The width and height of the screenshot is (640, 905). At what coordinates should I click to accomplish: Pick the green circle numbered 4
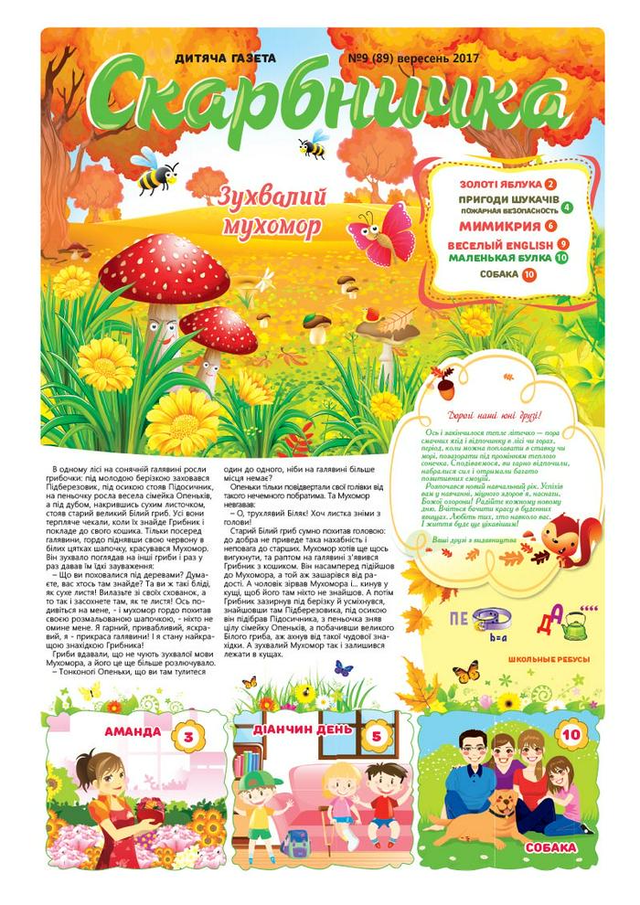click(x=567, y=207)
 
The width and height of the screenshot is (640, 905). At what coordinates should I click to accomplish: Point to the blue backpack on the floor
click(x=298, y=841)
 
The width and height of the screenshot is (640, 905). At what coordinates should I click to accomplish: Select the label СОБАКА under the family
click(x=551, y=846)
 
